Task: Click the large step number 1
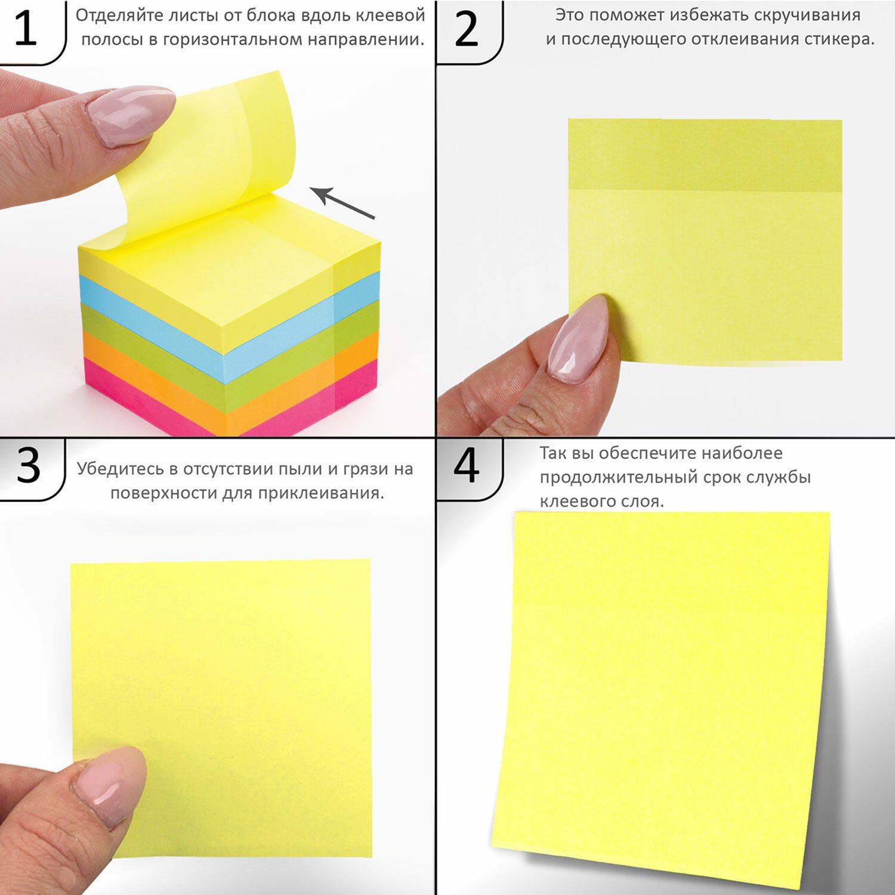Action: click(25, 28)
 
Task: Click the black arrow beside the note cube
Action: click(342, 202)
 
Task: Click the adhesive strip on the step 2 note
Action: click(705, 155)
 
